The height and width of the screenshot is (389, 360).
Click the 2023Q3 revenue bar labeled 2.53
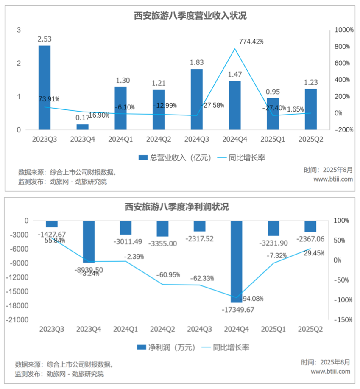point(45,87)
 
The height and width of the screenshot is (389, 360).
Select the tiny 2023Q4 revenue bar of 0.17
point(83,127)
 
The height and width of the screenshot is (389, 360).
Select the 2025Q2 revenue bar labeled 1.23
point(311,109)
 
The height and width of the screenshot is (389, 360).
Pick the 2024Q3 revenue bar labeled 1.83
point(197,99)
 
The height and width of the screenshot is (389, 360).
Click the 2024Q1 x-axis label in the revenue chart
point(121,139)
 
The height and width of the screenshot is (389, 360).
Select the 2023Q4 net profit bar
point(89,241)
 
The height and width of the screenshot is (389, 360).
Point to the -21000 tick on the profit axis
point(17,319)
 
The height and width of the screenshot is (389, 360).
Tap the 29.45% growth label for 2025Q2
point(314,253)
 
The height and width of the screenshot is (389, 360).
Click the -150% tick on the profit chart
point(343,320)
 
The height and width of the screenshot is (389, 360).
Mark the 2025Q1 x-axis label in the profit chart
point(274,329)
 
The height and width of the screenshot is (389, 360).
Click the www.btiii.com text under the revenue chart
point(333,179)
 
